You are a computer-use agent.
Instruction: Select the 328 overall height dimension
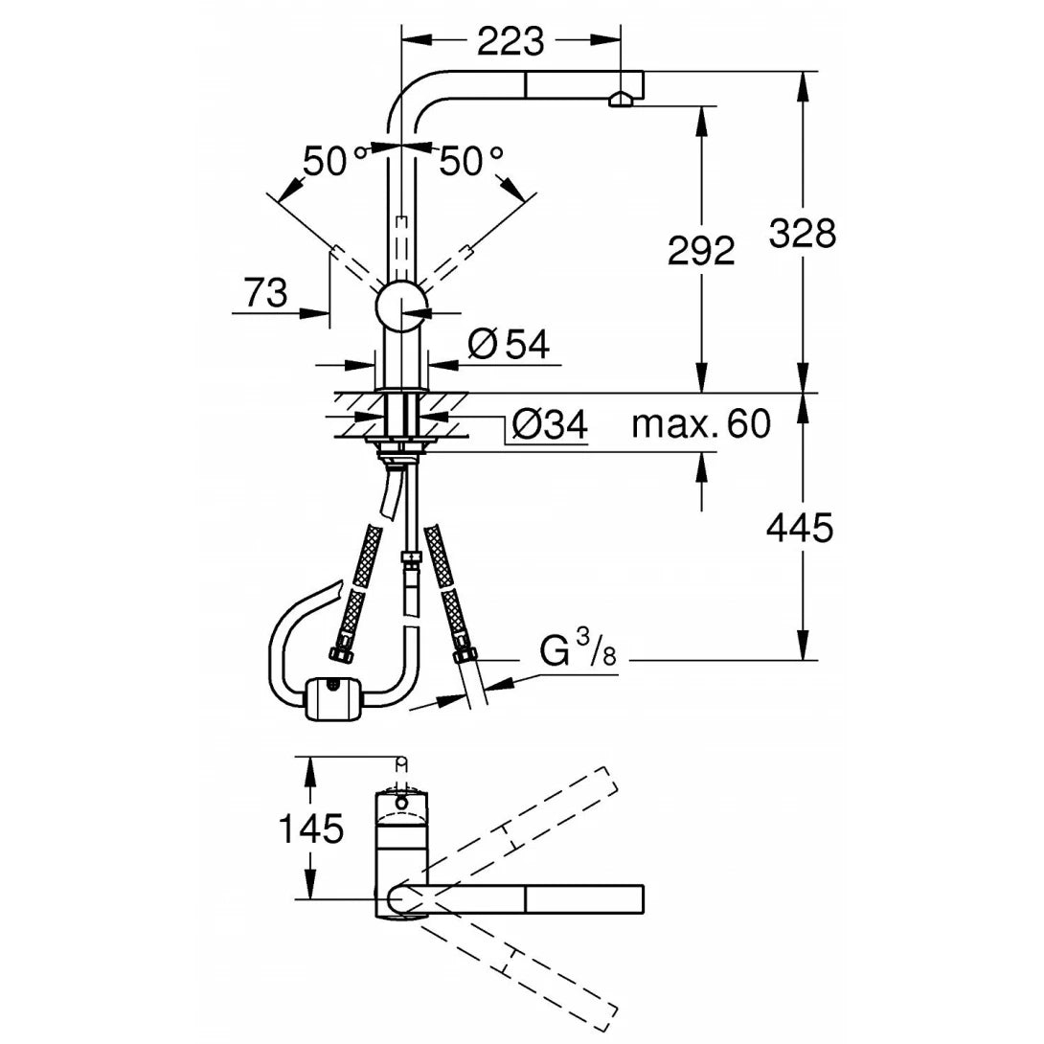pos(803,233)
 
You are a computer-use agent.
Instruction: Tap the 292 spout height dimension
pos(702,250)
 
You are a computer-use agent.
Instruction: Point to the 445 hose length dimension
pos(801,527)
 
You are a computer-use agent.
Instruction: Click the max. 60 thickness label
pos(700,422)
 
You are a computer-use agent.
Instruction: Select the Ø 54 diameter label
pos(510,344)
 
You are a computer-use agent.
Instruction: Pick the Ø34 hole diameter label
pos(549,424)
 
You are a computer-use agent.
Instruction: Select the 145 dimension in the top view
pos(310,828)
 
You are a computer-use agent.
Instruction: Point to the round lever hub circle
pos(401,307)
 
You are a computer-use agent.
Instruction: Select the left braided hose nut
pos(339,655)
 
